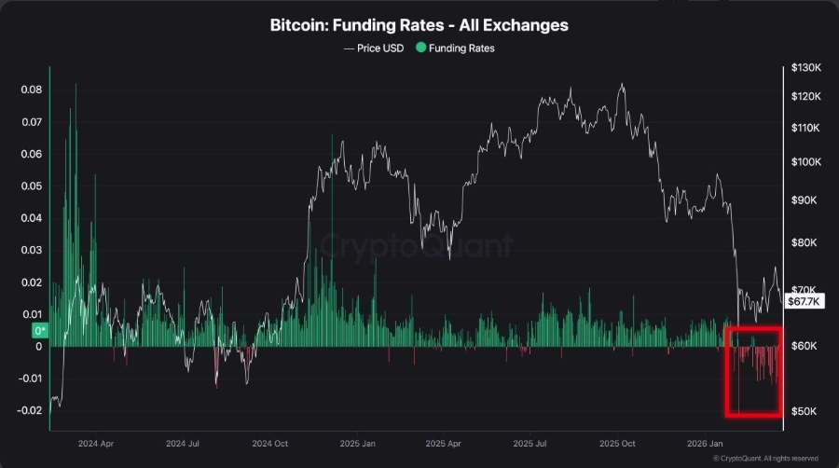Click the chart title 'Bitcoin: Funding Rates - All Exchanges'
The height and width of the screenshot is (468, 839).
[419, 25]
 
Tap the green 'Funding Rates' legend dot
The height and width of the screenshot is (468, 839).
[421, 48]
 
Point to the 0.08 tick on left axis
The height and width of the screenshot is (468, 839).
[32, 89]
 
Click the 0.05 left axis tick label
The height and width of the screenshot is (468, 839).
[32, 186]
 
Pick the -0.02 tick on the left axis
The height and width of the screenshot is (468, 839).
[30, 410]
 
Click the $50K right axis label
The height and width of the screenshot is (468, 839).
[801, 411]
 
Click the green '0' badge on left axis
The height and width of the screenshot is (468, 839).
[40, 330]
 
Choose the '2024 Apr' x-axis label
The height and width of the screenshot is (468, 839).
[96, 445]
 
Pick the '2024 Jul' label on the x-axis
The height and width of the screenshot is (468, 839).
[183, 445]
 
